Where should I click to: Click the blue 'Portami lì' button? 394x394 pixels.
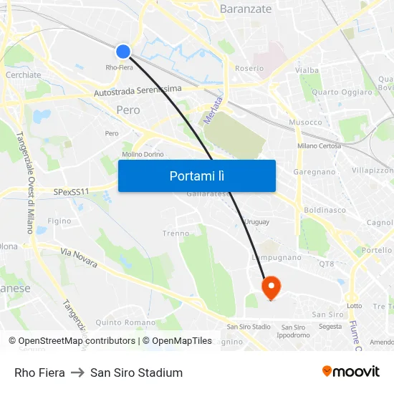tap(196, 176)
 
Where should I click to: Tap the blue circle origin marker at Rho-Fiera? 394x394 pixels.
tap(123, 51)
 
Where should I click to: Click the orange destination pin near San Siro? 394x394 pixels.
tap(272, 287)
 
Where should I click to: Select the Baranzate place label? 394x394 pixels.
tap(246, 9)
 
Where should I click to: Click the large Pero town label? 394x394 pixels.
tap(128, 110)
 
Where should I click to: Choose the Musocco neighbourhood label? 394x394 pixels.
tap(305, 122)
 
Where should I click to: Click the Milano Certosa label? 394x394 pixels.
tap(319, 146)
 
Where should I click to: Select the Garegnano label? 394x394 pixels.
tap(314, 173)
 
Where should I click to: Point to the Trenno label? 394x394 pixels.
tap(176, 234)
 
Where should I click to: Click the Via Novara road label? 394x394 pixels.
tap(79, 258)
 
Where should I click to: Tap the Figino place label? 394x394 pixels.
tap(59, 221)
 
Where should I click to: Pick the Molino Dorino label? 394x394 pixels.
tap(143, 154)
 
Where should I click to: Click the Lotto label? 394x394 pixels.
tap(355, 306)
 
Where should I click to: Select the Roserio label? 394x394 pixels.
tap(249, 69)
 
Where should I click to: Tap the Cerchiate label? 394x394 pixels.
tap(23, 75)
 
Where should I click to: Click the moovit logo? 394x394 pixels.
tap(350, 371)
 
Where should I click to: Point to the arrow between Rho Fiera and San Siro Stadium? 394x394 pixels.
tap(77, 373)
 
